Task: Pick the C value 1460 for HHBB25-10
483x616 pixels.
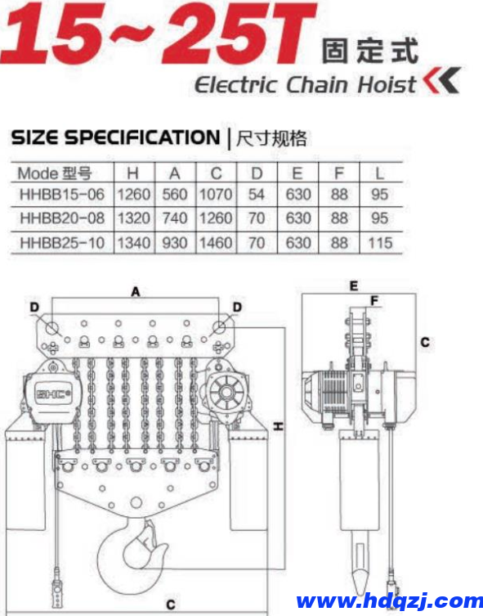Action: point(217,243)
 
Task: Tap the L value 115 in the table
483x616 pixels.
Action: point(380,243)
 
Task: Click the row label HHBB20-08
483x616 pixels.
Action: point(62,219)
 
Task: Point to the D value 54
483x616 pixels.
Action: point(257,196)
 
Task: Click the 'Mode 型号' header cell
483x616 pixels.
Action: point(54,173)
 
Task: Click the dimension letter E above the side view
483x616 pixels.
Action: point(353,286)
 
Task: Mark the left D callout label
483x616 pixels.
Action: point(34,308)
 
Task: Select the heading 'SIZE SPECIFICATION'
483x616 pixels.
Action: point(115,137)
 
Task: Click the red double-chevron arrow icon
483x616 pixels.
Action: point(442,82)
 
